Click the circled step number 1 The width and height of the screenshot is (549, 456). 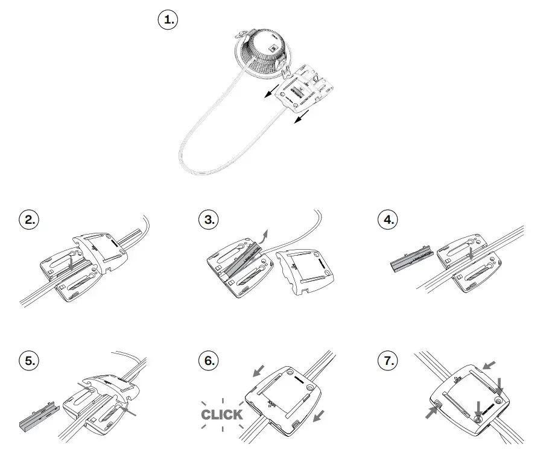(168, 20)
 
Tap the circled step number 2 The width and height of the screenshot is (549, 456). (27, 220)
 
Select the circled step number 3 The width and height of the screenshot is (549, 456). (208, 220)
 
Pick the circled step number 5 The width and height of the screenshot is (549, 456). (27, 361)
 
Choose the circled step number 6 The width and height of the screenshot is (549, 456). (208, 361)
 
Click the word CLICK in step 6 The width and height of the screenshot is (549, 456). (222, 414)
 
